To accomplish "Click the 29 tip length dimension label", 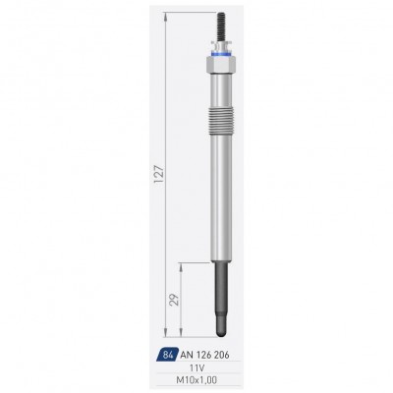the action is (175, 300).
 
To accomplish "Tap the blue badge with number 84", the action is (168, 355).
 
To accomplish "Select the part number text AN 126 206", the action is (204, 355).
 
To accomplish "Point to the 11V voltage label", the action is (198, 368).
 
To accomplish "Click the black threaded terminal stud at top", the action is (221, 27).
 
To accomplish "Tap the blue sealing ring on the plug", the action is (221, 54).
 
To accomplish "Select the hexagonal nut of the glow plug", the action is (221, 64).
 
